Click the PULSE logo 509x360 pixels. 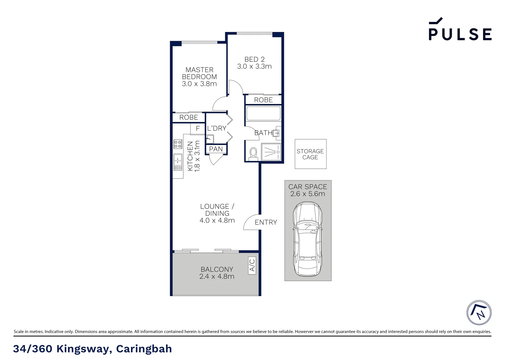460,30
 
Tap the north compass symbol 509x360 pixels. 479,313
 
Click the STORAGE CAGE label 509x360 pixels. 310,154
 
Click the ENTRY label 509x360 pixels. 266,222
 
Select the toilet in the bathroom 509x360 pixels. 254,153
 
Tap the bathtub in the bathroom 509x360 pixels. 263,113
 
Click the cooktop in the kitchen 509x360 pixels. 178,144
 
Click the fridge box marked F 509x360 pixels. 198,129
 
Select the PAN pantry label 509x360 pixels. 216,149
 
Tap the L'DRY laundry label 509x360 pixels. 217,128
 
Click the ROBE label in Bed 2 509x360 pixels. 263,100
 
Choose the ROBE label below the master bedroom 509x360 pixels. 189,117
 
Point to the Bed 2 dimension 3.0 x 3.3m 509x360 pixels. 254,66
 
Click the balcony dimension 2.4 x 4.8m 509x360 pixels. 217,276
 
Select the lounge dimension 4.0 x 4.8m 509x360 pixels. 217,220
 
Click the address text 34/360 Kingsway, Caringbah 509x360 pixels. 93,349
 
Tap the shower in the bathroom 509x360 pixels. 271,152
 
